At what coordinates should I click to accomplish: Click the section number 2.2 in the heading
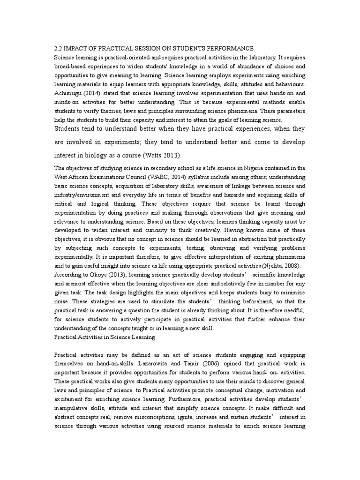coord(59,49)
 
